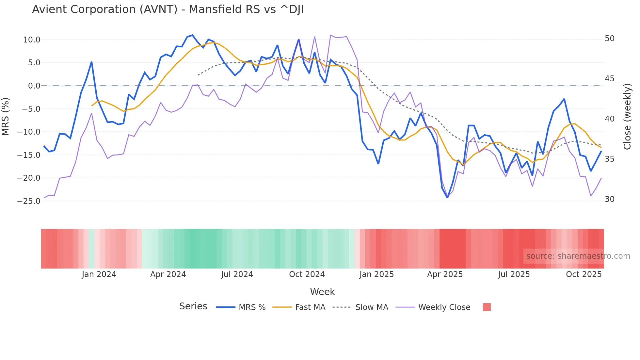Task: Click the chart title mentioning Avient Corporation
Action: [168, 9]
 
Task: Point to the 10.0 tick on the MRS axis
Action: [32, 40]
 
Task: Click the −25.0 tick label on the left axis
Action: [29, 201]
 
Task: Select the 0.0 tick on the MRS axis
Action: [34, 86]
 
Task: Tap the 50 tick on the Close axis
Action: [609, 39]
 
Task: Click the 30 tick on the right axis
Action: [609, 199]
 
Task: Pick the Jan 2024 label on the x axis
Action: [99, 274]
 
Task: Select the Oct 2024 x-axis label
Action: [307, 274]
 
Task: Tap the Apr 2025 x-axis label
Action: [445, 274]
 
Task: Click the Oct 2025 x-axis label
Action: [584, 274]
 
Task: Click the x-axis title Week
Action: [322, 292]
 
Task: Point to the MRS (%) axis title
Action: [6, 117]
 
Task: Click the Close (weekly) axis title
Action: [627, 117]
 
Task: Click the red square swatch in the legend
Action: [487, 307]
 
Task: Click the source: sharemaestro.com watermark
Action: [578, 256]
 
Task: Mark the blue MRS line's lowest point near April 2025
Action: [447, 197]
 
